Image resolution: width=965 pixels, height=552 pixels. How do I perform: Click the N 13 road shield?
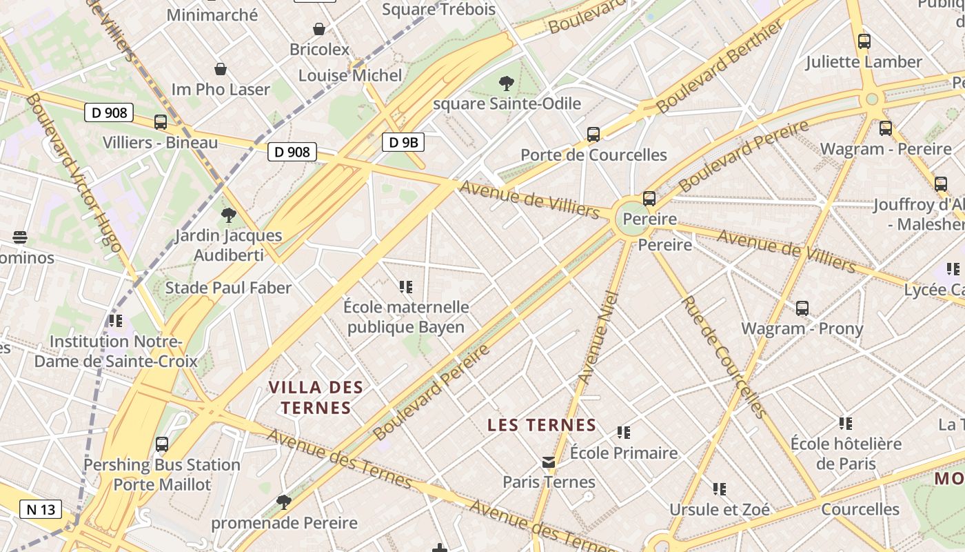pos(41,510)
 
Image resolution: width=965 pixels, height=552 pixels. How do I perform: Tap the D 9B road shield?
pos(403,143)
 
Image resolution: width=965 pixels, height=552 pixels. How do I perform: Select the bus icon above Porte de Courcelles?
pos(593,135)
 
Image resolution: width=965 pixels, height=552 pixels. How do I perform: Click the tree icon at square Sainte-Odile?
pos(507,84)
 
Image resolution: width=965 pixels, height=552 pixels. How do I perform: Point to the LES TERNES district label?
pos(541,425)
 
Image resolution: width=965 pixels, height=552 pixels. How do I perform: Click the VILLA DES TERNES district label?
pos(316,397)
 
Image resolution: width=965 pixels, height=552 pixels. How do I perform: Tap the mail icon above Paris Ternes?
pos(549,462)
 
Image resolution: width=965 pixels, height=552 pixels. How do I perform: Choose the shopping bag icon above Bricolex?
pos(319,29)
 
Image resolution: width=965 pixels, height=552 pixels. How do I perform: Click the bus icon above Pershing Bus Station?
pos(162,444)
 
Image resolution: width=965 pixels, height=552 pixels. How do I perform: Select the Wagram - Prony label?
pos(802,328)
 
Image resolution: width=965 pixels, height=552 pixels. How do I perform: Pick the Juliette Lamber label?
pos(864,62)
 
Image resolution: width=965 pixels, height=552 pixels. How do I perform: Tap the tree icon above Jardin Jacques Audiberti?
pos(228,215)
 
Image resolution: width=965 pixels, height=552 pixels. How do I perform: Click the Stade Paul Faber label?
pos(228,288)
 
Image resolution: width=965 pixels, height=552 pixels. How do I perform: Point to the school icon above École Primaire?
pos(624,433)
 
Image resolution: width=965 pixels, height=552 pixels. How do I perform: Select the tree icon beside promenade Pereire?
pos(283,502)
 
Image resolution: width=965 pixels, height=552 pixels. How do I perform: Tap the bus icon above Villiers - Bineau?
pos(161,122)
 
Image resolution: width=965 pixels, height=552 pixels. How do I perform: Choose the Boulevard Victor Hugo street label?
pos(73,173)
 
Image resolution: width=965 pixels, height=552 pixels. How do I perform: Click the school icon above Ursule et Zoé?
pos(720,489)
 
